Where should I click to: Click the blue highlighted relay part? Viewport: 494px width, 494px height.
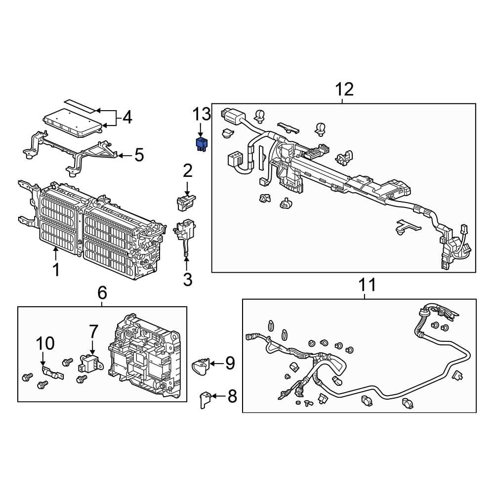pyautogui.click(x=202, y=144)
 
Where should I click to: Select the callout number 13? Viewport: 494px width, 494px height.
pyautogui.click(x=202, y=115)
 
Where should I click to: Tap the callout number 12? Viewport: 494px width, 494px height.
pyautogui.click(x=344, y=89)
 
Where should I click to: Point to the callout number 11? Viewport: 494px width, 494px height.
pyautogui.click(x=367, y=285)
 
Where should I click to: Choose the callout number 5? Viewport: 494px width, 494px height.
pyautogui.click(x=139, y=156)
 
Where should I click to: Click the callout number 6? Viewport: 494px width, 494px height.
pyautogui.click(x=102, y=293)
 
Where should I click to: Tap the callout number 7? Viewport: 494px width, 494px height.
pyautogui.click(x=94, y=332)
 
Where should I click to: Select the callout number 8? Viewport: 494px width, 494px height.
pyautogui.click(x=232, y=396)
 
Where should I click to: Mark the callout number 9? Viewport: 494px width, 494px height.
pyautogui.click(x=230, y=364)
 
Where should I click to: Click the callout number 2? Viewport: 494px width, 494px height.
pyautogui.click(x=187, y=171)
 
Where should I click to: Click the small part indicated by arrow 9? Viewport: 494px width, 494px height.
pyautogui.click(x=201, y=366)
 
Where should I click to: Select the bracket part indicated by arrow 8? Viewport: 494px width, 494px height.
pyautogui.click(x=204, y=399)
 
